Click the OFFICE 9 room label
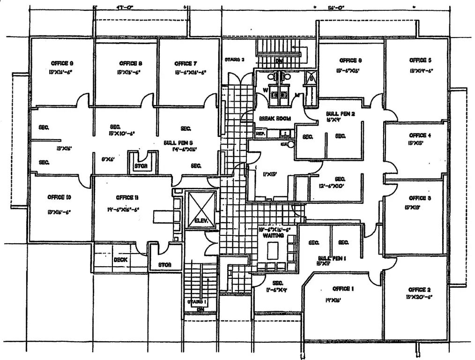tap(61, 63)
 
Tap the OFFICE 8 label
tap(128, 63)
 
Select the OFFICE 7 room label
tap(186, 63)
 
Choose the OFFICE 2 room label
tap(419, 289)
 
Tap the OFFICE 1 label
tap(342, 288)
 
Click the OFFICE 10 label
tap(59, 197)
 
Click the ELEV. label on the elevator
tap(201, 220)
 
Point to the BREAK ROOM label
tap(275, 119)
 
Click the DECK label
tap(121, 260)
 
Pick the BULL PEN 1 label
tap(332, 258)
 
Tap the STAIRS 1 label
tap(197, 302)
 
